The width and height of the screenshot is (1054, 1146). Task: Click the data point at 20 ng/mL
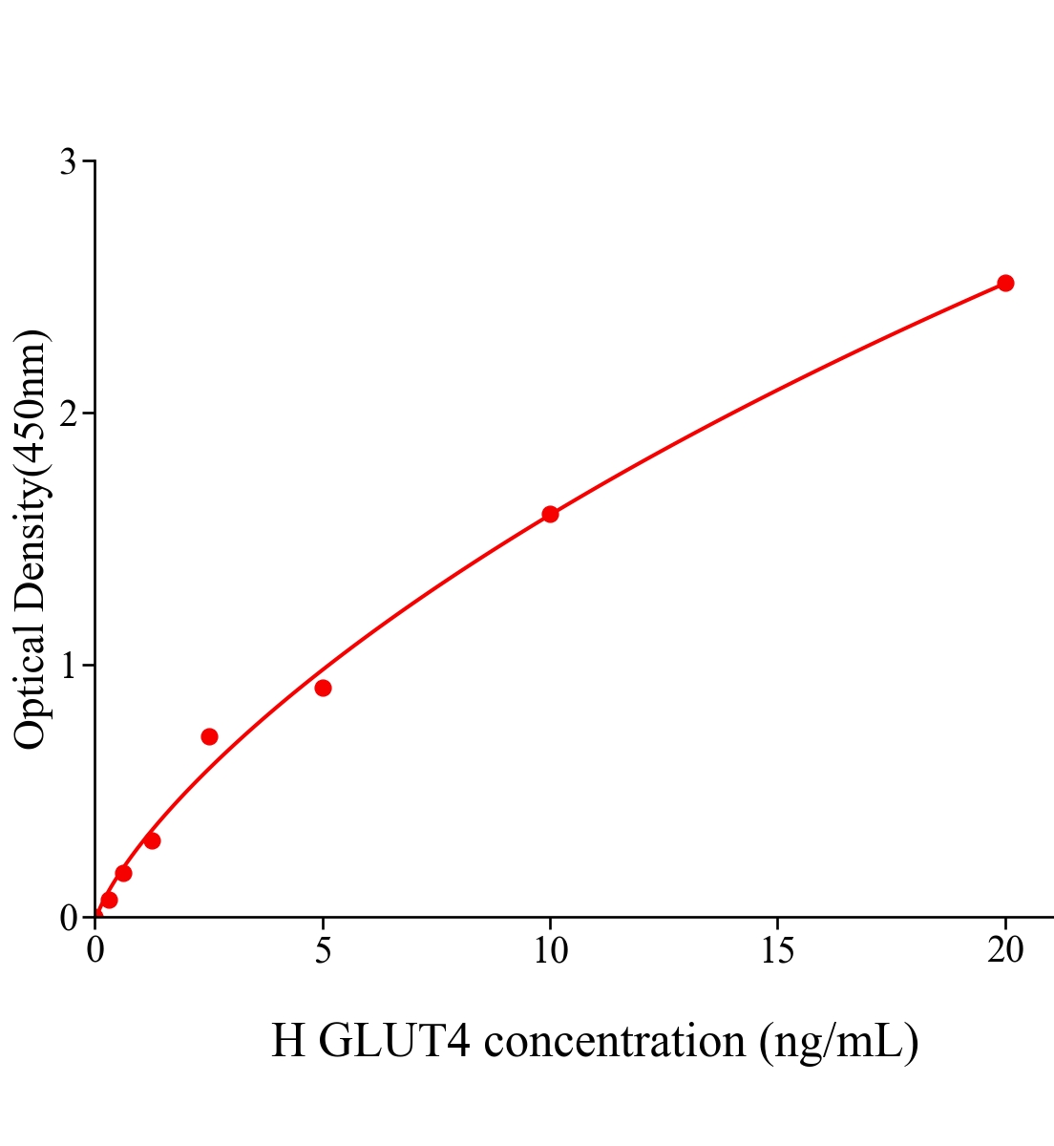coord(1004,283)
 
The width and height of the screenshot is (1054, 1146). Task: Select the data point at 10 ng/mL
coord(550,514)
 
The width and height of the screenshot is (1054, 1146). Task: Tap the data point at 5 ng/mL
coord(323,688)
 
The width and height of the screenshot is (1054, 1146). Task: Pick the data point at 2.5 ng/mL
coord(209,736)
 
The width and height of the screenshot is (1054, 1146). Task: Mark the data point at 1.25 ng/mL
coord(152,840)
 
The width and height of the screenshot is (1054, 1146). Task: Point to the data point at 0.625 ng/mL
coord(123,873)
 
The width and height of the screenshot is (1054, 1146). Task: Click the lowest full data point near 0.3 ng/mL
coord(109,900)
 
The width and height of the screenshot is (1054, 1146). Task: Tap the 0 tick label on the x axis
coord(95,950)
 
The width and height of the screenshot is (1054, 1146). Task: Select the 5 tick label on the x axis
coord(323,950)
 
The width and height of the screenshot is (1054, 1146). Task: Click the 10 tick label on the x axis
coord(550,950)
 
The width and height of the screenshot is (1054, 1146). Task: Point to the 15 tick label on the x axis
coord(777,950)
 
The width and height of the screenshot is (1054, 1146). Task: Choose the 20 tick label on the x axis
coord(1004,950)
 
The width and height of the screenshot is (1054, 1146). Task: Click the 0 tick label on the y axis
coord(69,918)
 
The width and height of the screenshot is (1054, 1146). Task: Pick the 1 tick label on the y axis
coord(69,666)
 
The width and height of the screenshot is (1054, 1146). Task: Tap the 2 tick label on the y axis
coord(69,414)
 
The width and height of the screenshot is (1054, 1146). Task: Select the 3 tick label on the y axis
coord(69,162)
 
